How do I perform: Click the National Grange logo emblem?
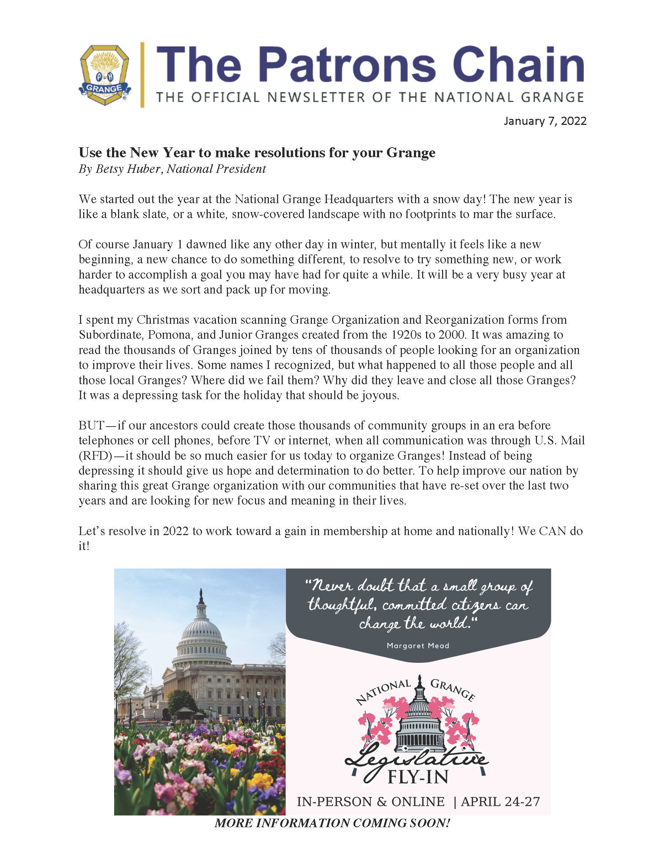(x=105, y=75)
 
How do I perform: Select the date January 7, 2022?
(x=545, y=121)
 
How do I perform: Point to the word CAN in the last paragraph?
(x=552, y=531)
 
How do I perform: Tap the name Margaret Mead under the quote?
(x=418, y=645)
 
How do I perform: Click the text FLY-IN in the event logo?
(x=418, y=778)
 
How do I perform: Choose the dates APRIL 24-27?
(x=500, y=802)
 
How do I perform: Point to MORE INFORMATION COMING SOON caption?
(x=332, y=823)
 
